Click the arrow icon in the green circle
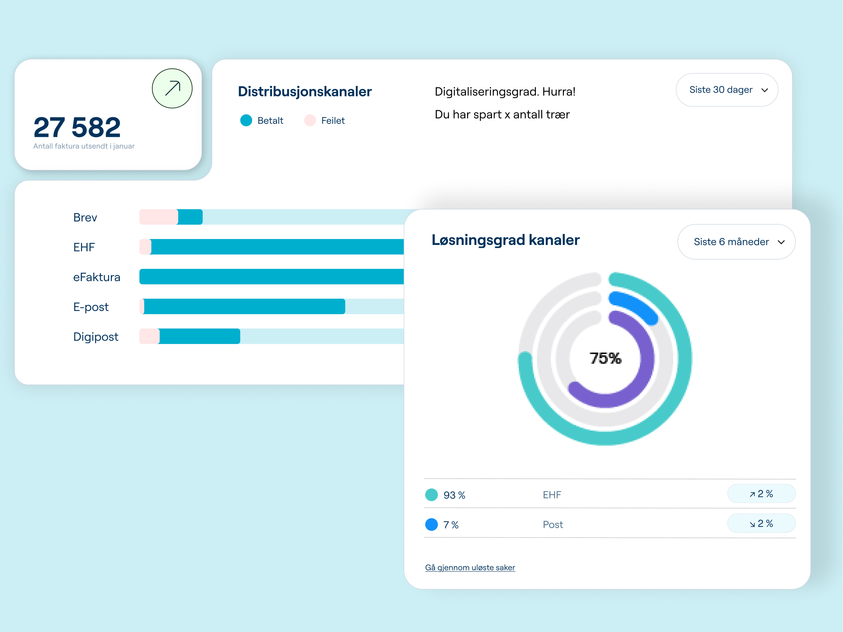[172, 88]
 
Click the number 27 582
[77, 127]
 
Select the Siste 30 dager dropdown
[727, 90]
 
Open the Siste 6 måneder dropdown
[736, 242]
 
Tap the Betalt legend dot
[246, 120]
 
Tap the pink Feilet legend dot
[310, 120]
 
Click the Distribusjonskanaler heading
[305, 92]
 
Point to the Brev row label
[85, 218]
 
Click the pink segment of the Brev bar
[159, 217]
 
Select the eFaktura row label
[97, 277]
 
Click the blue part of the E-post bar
[244, 307]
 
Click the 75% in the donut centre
[605, 358]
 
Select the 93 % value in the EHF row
[454, 495]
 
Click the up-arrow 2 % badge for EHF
[761, 494]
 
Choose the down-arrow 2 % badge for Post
[761, 524]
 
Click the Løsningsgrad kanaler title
[505, 240]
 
